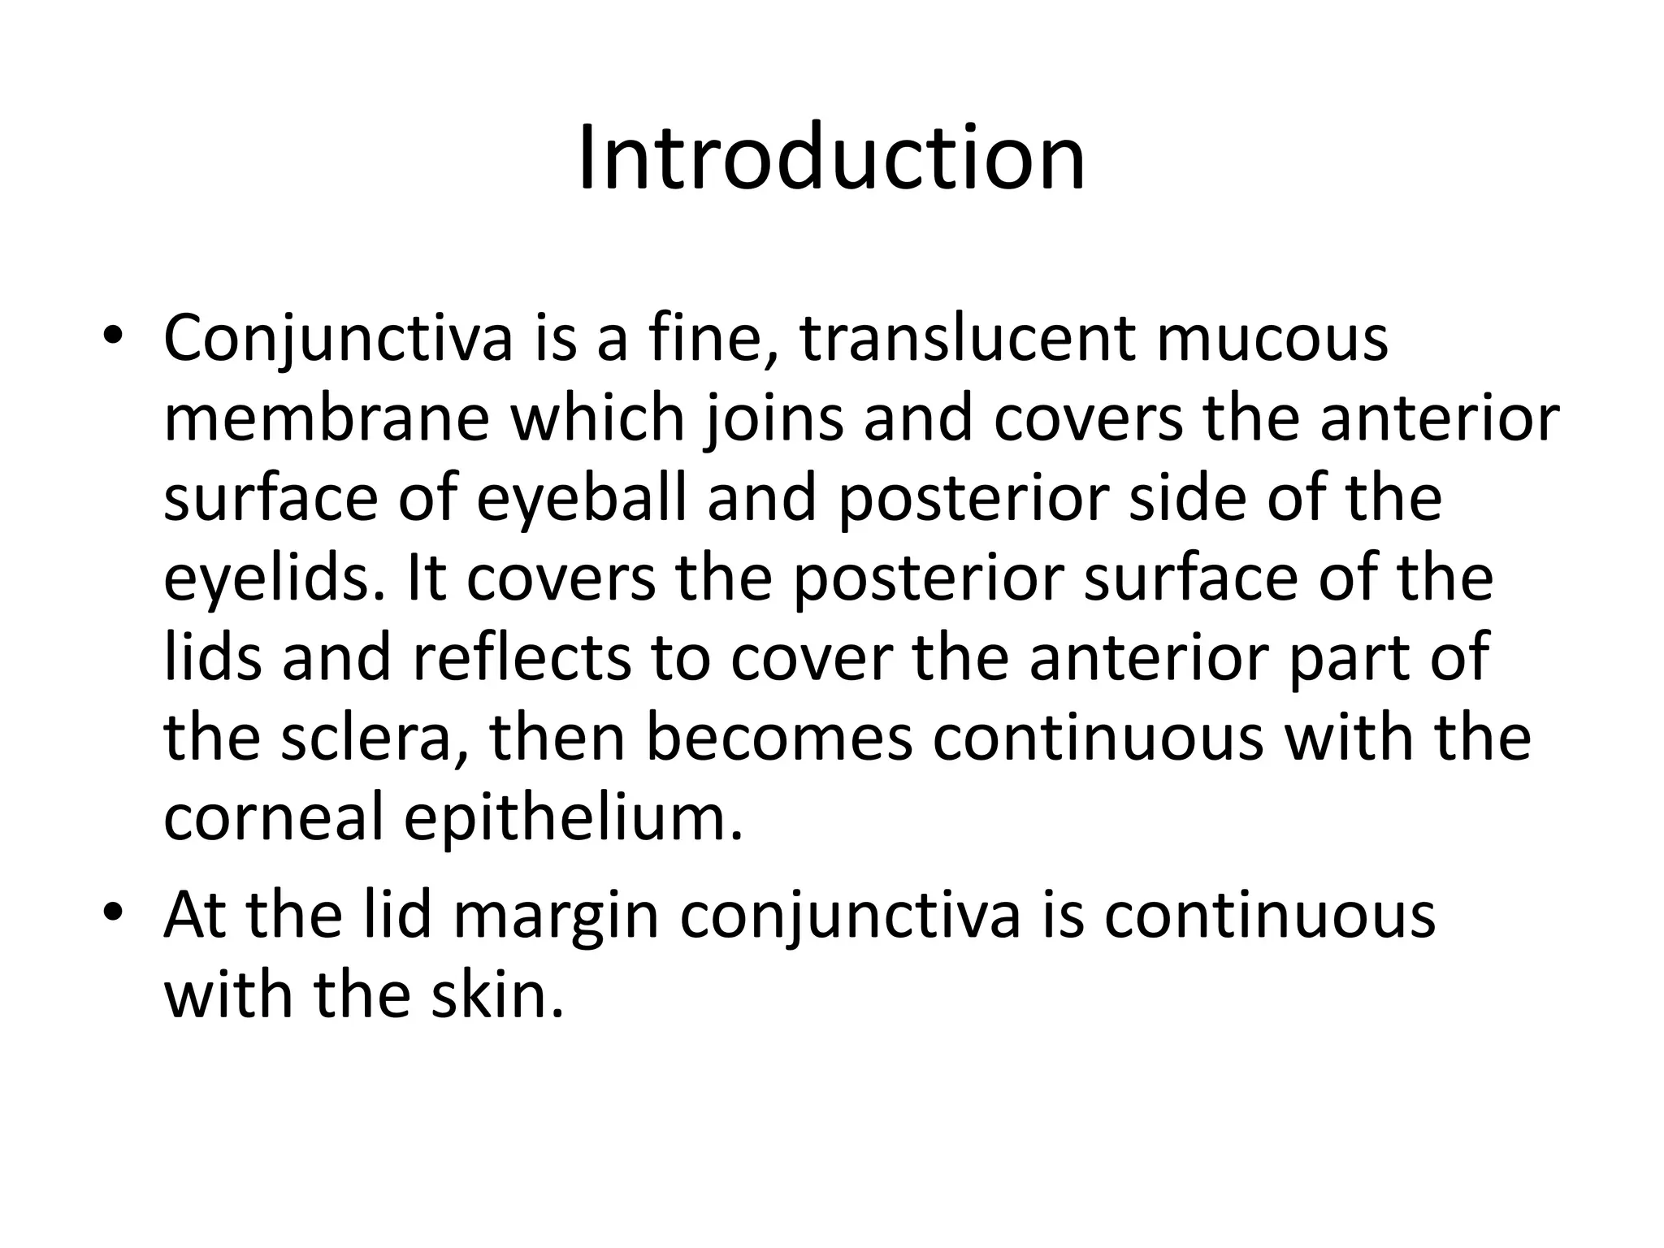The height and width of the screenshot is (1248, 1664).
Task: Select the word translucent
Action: point(968,338)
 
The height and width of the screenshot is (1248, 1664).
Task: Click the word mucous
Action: point(1272,338)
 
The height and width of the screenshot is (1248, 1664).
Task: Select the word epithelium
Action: point(574,820)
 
